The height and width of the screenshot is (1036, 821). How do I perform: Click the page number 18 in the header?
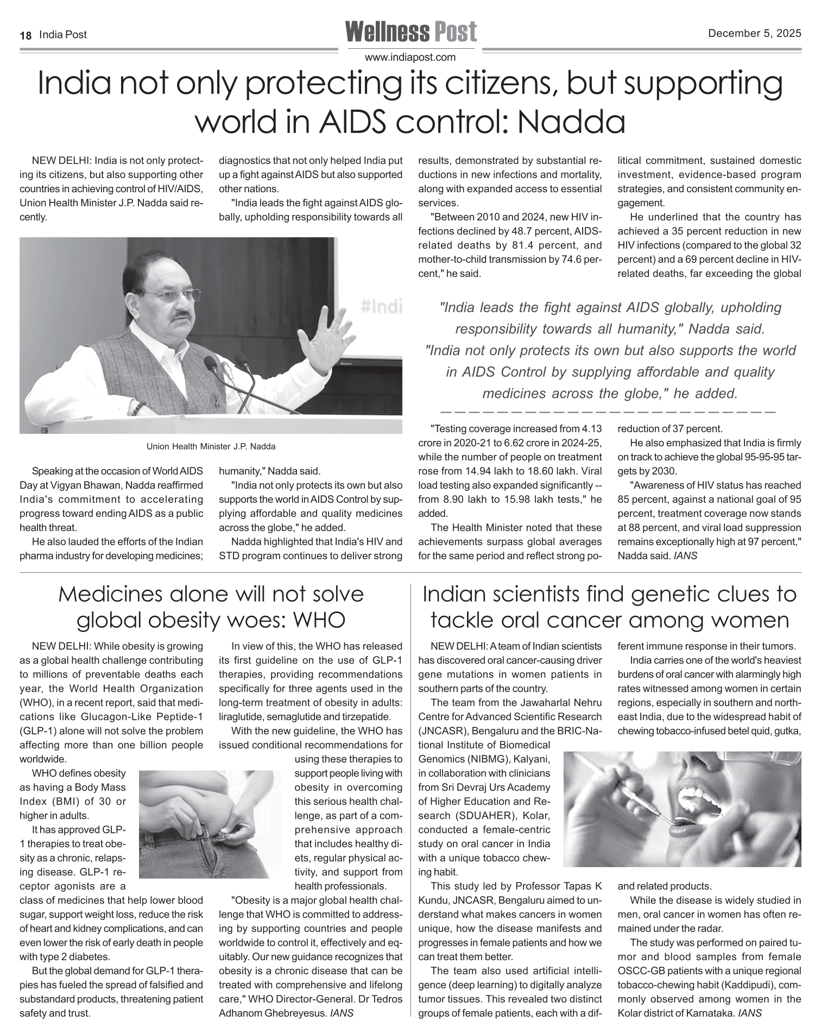[x=25, y=35]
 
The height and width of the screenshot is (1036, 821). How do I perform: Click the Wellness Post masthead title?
[x=411, y=32]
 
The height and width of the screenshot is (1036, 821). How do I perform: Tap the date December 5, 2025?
[x=754, y=34]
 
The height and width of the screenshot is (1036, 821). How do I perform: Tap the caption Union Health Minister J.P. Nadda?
[x=211, y=447]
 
